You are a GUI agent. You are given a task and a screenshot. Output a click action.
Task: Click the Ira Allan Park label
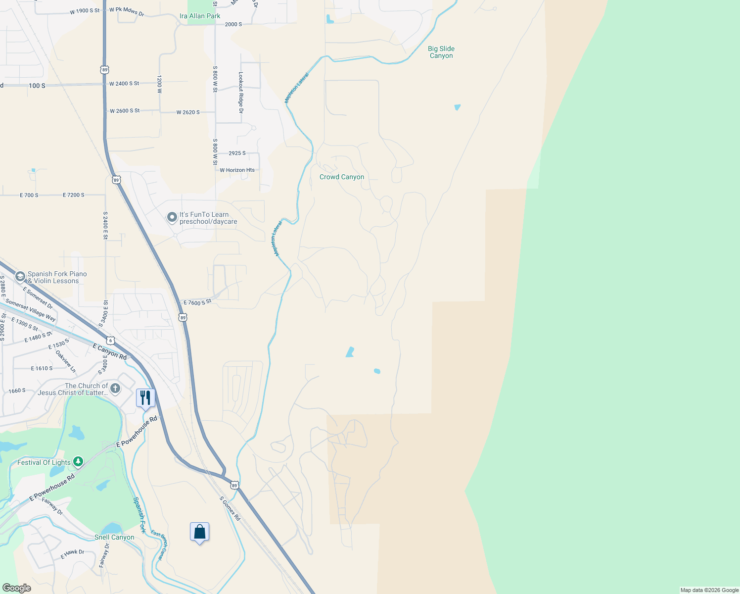[200, 16]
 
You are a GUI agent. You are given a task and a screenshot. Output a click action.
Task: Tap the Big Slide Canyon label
[441, 52]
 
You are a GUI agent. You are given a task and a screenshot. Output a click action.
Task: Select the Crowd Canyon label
[342, 177]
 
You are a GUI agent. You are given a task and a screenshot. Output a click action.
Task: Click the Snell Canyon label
[114, 537]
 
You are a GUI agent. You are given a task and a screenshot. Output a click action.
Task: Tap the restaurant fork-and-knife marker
[145, 397]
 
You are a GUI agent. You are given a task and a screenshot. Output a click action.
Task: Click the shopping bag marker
[199, 532]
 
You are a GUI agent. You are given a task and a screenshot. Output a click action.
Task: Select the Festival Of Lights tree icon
[78, 462]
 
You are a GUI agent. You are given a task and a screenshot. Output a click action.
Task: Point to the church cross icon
[115, 388]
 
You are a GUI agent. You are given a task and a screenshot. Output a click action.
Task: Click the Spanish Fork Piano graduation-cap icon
[20, 276]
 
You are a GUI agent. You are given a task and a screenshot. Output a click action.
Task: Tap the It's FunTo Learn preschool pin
[172, 217]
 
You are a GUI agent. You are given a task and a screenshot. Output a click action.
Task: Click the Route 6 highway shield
[110, 341]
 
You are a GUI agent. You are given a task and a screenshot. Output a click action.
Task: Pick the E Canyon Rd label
[110, 351]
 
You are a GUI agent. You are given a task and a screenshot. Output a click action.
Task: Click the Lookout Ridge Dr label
[241, 92]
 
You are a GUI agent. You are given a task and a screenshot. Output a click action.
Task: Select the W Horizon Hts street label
[237, 170]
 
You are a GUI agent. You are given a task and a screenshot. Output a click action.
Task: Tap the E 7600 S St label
[197, 302]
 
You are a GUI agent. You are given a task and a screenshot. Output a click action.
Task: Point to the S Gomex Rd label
[230, 508]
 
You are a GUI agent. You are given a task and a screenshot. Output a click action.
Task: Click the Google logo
[17, 588]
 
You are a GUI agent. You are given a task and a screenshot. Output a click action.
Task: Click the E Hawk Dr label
[72, 554]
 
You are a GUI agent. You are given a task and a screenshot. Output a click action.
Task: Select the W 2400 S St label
[124, 84]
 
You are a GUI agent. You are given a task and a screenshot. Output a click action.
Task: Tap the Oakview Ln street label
[66, 362]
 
